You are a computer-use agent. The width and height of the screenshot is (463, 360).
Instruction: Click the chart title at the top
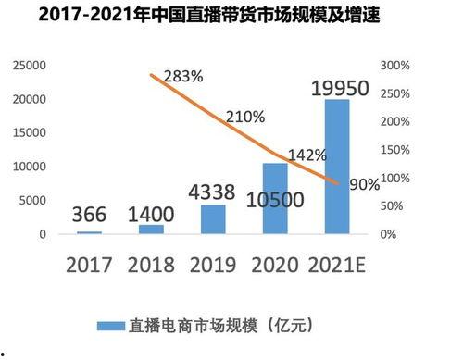[x=231, y=16]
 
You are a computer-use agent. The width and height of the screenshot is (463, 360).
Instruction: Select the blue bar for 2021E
[x=336, y=167]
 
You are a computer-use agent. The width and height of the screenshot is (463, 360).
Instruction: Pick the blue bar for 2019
[x=212, y=219]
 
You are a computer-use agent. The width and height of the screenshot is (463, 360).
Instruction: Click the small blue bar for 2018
[x=152, y=229]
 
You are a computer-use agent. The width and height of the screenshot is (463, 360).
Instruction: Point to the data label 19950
[x=340, y=89]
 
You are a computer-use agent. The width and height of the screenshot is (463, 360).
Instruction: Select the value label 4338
[x=213, y=194]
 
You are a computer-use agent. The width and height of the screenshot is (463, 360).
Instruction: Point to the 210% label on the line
[x=244, y=118]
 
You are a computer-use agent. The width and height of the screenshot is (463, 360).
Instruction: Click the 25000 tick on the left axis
[x=27, y=66]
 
